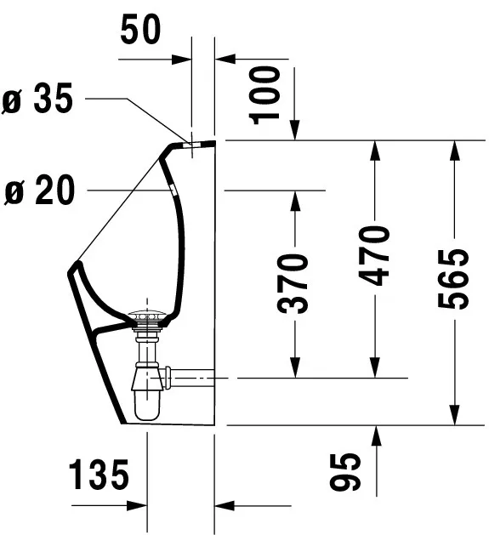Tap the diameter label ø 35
(x=39, y=100)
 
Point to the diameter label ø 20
(x=39, y=191)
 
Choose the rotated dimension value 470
(x=373, y=256)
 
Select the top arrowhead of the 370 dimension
(x=294, y=199)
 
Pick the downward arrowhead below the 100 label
(x=294, y=131)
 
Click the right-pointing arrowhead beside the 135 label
(x=139, y=505)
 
